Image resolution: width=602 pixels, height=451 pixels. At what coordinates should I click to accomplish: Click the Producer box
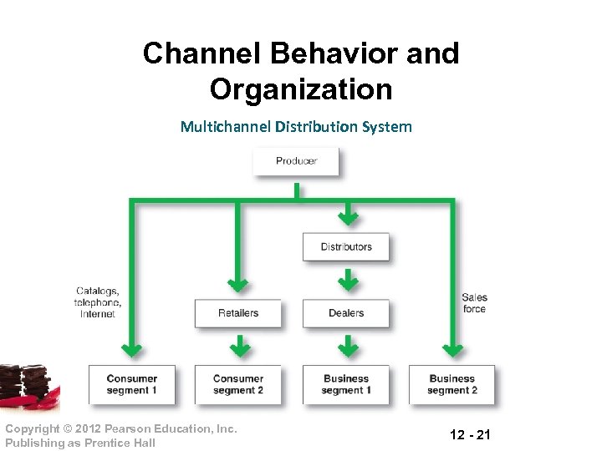click(296, 161)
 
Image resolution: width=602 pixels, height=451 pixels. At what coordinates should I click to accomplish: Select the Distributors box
click(345, 247)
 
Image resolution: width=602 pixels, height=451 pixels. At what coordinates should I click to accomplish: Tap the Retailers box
click(237, 313)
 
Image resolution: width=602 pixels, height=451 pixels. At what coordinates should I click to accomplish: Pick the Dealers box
click(345, 313)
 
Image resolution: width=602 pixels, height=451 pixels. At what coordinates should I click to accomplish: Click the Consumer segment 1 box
click(131, 384)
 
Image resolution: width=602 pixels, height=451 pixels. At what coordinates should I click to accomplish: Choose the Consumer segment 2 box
click(237, 384)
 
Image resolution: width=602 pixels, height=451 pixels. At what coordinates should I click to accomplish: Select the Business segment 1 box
click(345, 384)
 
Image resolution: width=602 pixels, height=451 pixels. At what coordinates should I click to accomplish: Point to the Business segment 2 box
click(451, 384)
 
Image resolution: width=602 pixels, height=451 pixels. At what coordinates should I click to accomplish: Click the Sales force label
click(474, 303)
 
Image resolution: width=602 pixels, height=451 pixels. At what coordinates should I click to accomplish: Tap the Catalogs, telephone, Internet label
click(98, 302)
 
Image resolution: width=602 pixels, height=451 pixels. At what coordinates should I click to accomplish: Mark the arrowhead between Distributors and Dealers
click(347, 281)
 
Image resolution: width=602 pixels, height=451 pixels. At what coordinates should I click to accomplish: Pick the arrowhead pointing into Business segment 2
click(452, 348)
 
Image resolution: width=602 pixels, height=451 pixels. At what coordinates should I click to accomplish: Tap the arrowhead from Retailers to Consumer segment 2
click(238, 347)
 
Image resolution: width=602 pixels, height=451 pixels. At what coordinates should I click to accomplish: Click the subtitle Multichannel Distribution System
click(296, 127)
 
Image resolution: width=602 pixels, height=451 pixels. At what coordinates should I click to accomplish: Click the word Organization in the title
click(301, 88)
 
